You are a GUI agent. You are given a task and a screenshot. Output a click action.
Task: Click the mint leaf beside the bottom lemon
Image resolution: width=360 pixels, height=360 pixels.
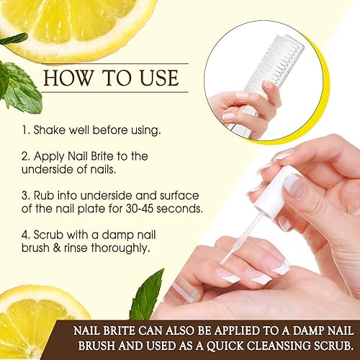(x=148, y=295)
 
